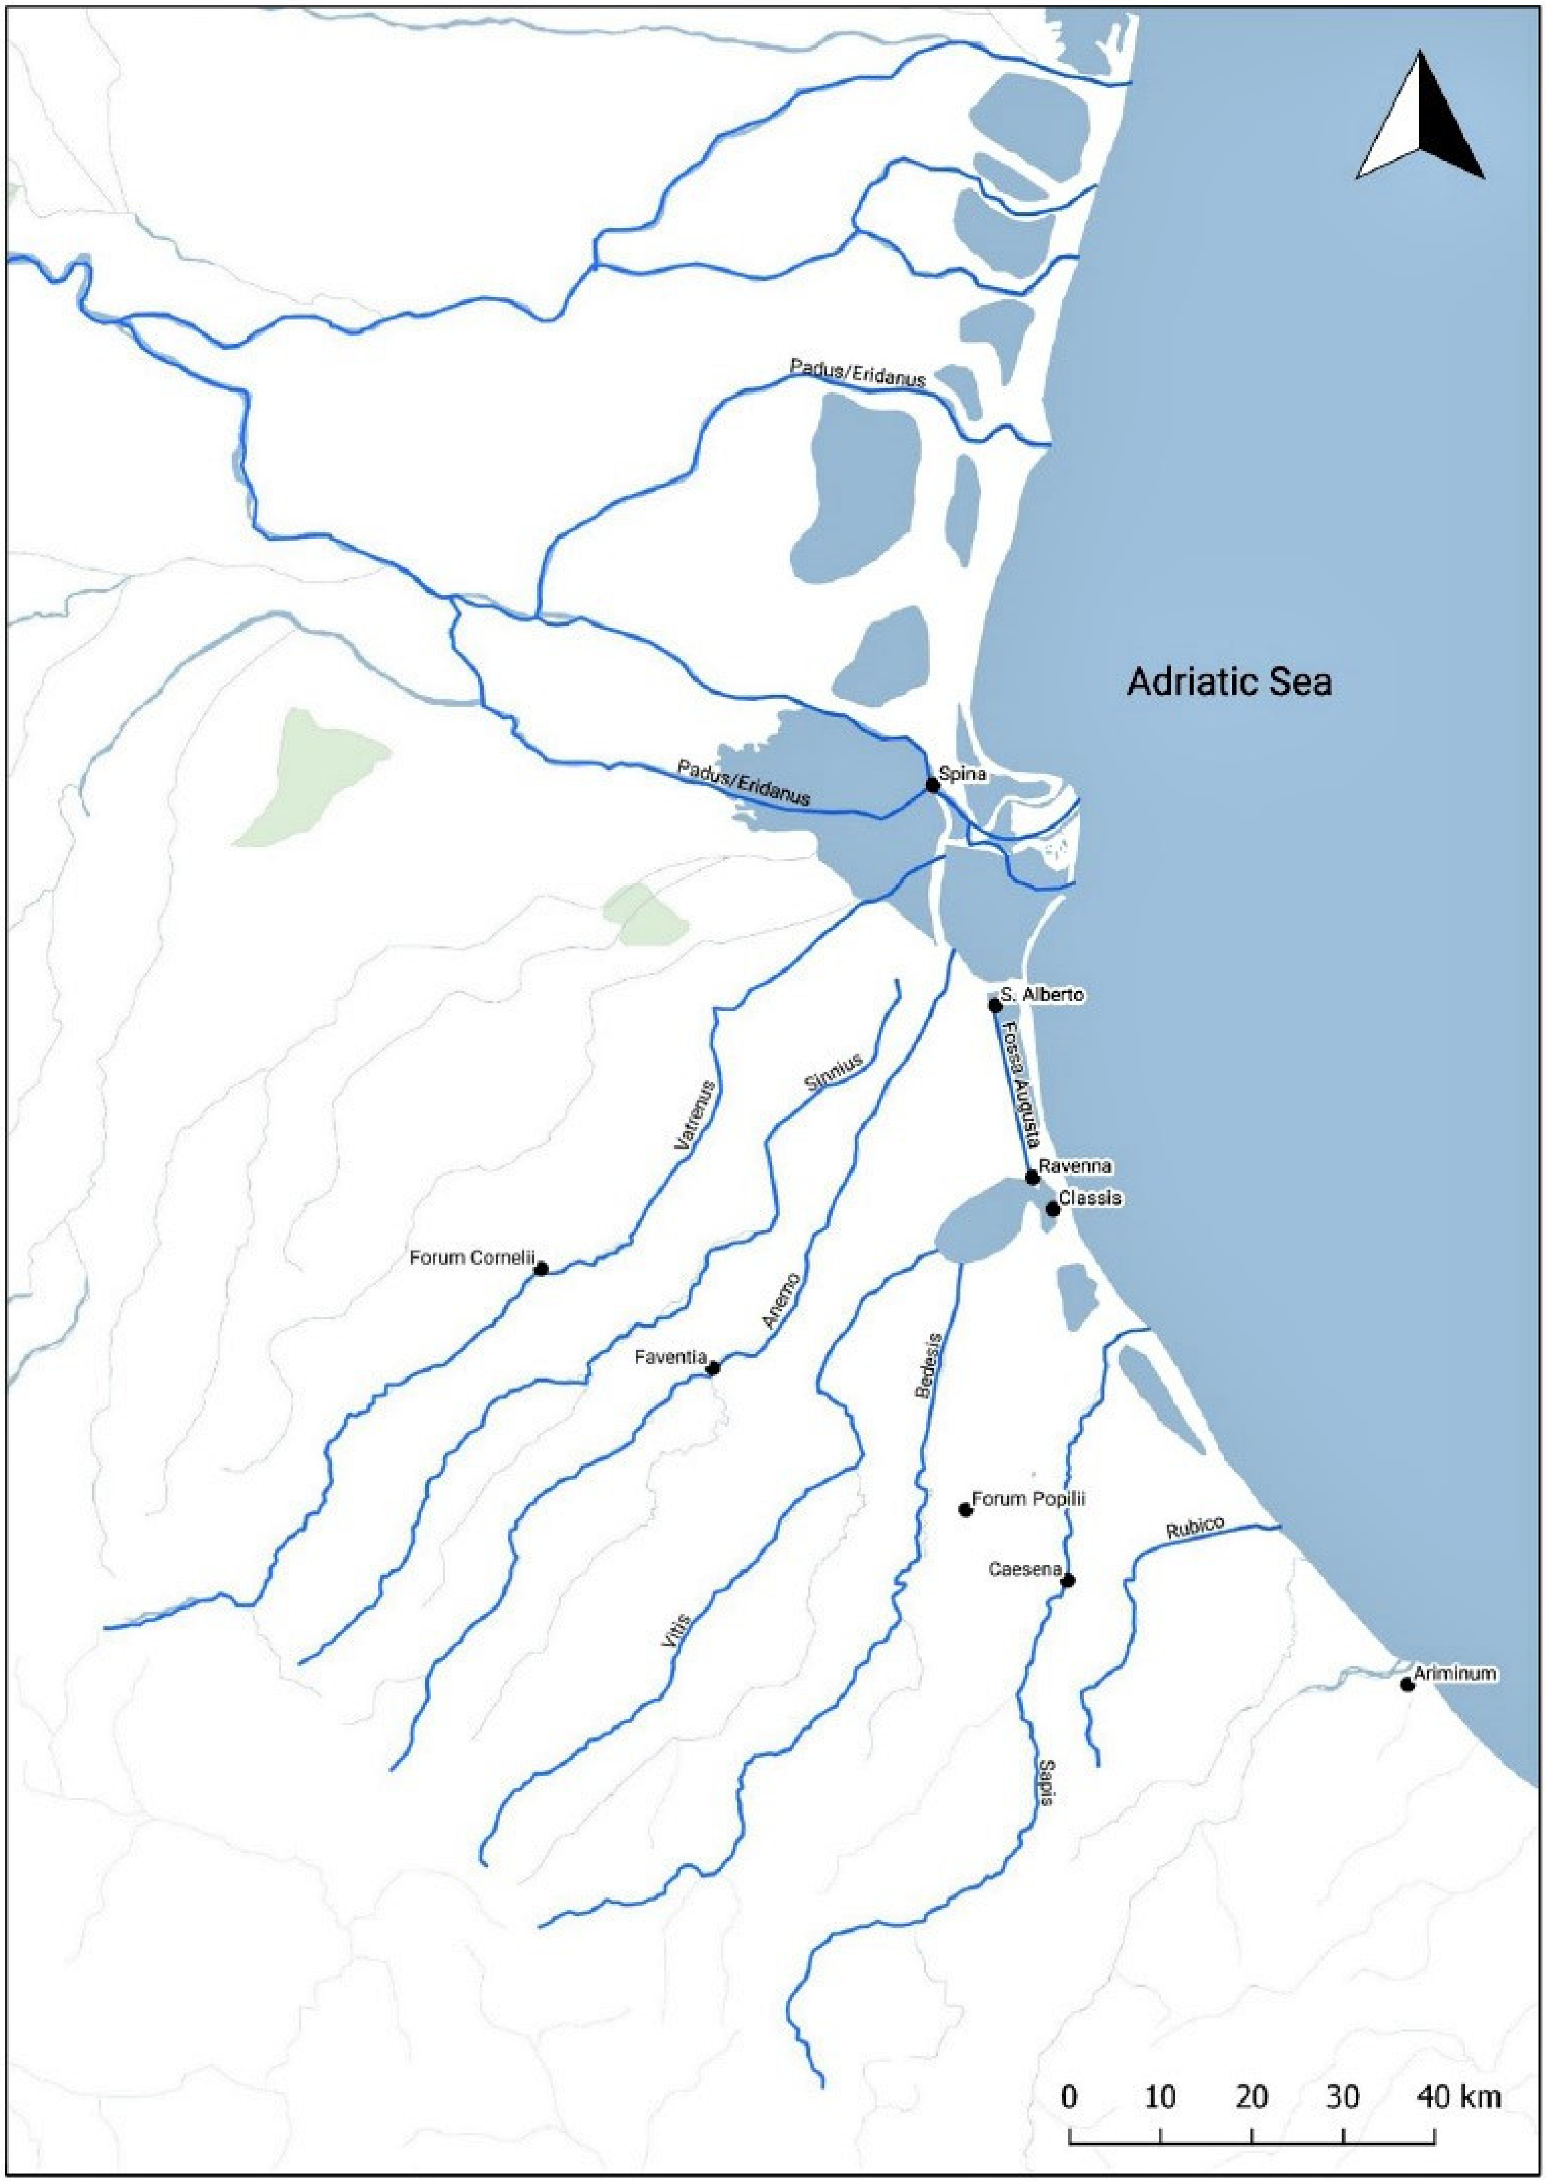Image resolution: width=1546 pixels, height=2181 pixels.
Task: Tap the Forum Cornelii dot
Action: [541, 1269]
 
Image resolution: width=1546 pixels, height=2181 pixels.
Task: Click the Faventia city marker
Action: [713, 1368]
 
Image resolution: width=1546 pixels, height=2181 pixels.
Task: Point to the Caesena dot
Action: [1068, 1581]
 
